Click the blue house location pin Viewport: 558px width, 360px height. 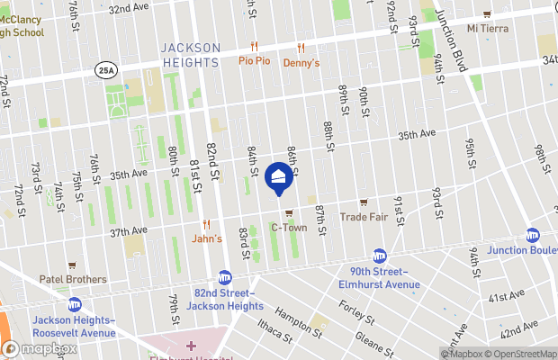(279, 177)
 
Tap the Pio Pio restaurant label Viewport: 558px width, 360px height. (255, 61)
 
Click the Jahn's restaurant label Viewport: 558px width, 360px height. (207, 238)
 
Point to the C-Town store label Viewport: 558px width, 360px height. (288, 229)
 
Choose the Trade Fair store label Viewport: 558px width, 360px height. (364, 217)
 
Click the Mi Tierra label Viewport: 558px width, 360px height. (487, 28)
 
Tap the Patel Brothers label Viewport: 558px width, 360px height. (73, 279)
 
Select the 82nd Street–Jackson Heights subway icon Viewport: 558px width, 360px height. (225, 278)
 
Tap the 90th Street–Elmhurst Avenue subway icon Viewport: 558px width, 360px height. (380, 256)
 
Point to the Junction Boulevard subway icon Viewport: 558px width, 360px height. (532, 235)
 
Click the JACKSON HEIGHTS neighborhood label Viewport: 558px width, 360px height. (190, 54)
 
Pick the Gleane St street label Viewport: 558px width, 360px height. (373, 340)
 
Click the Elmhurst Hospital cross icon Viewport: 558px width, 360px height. (190, 346)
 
